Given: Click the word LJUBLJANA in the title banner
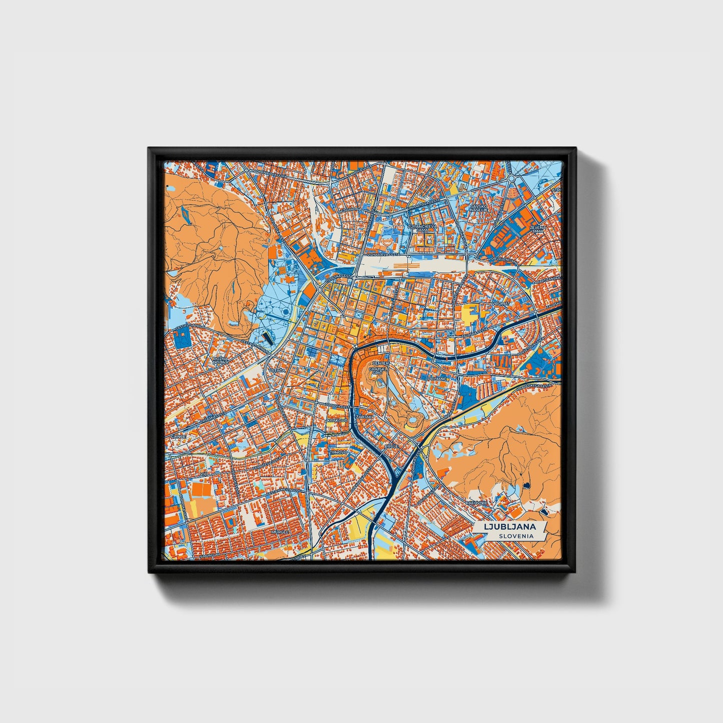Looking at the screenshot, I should (x=510, y=527).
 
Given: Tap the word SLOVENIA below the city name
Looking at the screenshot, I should (x=515, y=536).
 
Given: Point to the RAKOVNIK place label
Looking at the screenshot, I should (x=476, y=502).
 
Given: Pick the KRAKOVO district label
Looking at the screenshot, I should (x=337, y=421).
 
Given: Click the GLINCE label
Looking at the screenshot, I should (x=179, y=436).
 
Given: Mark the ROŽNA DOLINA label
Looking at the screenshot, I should (x=220, y=361).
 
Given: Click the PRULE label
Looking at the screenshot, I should (x=391, y=445).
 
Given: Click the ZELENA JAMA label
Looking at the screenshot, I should (x=538, y=230).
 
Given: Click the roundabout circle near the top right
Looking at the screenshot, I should (x=511, y=178).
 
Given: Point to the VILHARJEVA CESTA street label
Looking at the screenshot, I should (x=387, y=254).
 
